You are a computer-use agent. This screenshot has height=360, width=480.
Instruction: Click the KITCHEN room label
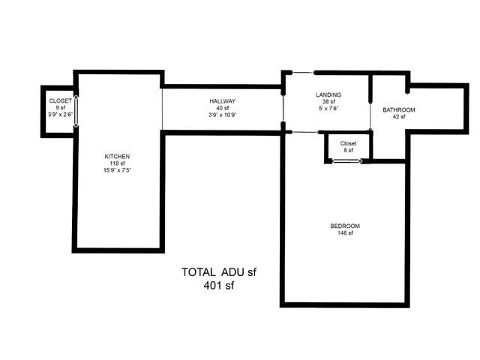click(117, 157)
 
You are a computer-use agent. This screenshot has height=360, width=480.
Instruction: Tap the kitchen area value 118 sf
click(117, 163)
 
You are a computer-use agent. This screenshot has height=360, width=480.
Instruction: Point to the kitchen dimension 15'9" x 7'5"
click(117, 170)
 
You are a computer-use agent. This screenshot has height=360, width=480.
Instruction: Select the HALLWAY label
click(223, 101)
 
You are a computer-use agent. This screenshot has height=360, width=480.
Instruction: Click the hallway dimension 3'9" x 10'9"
click(223, 115)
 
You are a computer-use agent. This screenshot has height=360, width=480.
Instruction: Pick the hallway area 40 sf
click(223, 108)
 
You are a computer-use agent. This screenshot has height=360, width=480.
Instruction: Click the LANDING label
click(328, 95)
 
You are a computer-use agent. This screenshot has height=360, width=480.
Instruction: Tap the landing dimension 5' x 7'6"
click(328, 109)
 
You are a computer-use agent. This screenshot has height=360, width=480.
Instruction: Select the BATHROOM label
click(399, 110)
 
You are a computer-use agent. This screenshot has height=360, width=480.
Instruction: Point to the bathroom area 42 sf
click(399, 117)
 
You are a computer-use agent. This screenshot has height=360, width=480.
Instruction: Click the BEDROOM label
click(345, 226)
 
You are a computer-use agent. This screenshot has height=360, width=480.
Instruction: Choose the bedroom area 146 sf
click(345, 233)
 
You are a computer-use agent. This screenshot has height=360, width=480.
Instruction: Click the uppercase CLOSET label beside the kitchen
click(60, 100)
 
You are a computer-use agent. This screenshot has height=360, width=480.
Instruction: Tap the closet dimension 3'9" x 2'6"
click(60, 115)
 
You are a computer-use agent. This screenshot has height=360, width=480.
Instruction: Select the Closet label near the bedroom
click(348, 143)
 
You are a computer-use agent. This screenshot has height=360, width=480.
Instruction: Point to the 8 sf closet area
click(348, 150)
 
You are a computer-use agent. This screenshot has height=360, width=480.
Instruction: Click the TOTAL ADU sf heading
click(219, 271)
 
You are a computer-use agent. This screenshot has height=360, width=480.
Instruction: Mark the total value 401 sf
click(219, 285)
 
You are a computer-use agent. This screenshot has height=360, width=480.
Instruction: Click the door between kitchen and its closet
click(76, 112)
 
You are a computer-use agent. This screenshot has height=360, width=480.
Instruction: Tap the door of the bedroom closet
click(346, 161)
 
